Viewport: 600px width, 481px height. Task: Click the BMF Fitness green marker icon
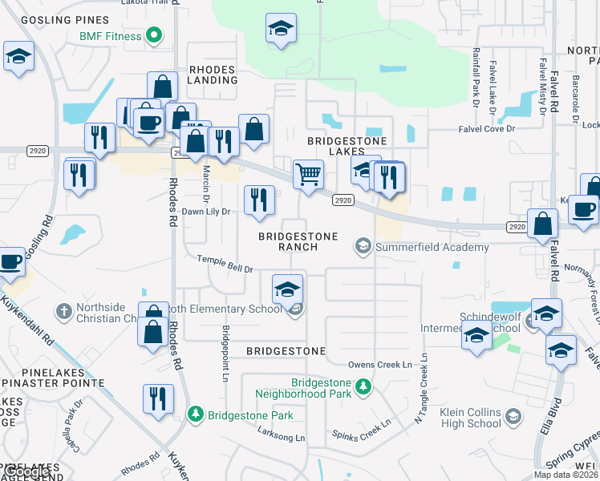(156, 36)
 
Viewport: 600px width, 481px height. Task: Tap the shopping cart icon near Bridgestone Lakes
(309, 174)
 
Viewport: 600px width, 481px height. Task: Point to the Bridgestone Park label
(250, 415)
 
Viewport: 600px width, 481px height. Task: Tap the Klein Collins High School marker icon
(513, 416)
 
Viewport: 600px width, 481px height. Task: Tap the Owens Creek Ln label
(384, 365)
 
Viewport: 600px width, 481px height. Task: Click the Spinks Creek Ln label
(361, 429)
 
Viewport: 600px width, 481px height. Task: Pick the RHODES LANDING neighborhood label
(213, 75)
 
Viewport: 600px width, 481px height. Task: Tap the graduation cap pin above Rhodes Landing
(281, 29)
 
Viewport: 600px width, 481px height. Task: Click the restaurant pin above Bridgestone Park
(158, 398)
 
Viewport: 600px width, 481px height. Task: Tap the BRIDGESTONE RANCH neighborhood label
(288, 241)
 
